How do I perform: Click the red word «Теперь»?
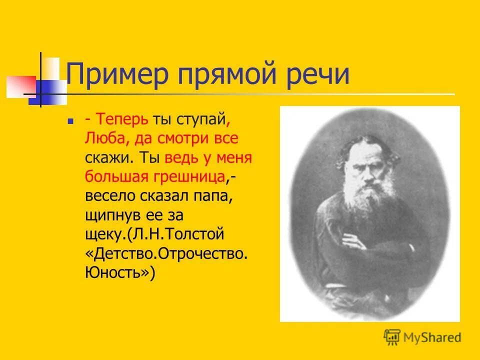tap(123, 119)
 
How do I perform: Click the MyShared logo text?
tap(432, 337)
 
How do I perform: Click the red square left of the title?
tap(20, 86)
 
